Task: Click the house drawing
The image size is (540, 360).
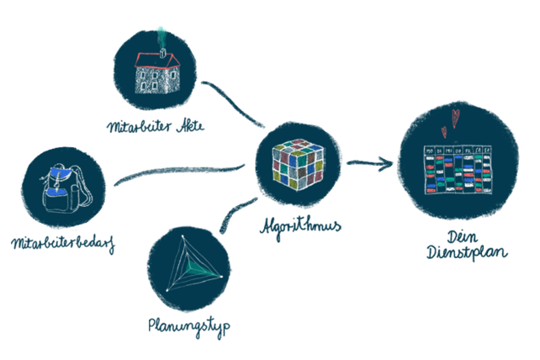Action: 156,72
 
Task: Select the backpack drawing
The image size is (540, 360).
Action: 60,188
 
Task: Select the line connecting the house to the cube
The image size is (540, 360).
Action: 230,101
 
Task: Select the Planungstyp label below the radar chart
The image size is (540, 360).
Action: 189,325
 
